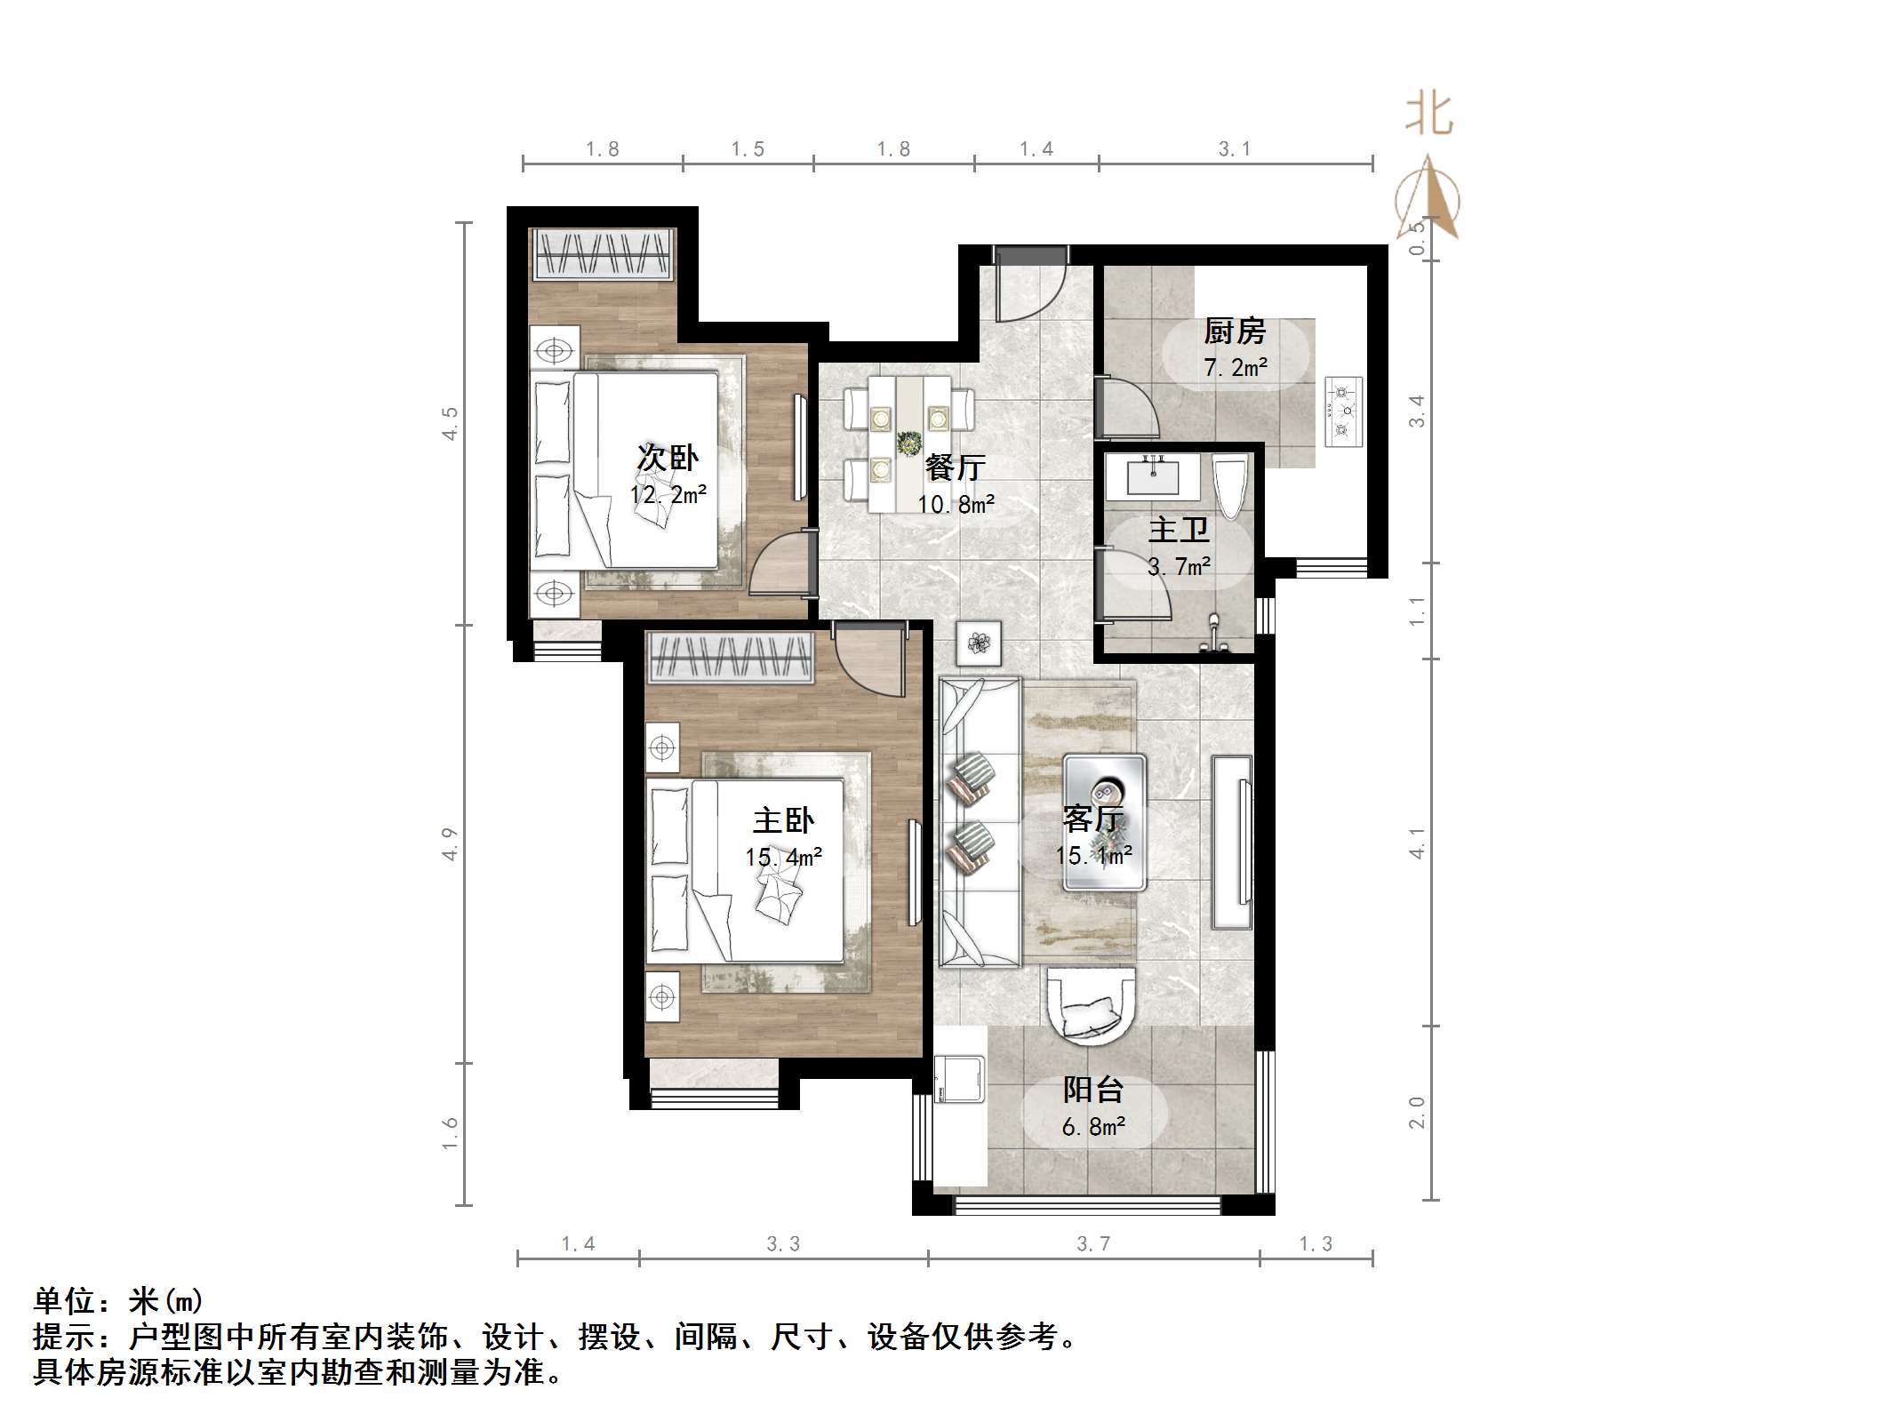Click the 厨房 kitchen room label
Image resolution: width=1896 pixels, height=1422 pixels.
(x=1235, y=332)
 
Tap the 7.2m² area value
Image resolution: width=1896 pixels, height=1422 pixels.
(x=1235, y=367)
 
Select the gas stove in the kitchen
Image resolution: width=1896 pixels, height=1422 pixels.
(x=1343, y=411)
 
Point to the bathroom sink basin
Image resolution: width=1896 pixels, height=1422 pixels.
(x=1154, y=476)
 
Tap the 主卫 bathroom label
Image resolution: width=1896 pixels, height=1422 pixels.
(x=1179, y=531)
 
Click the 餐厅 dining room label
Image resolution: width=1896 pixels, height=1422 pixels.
(x=956, y=467)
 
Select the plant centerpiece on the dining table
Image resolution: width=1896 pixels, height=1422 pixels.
(x=909, y=442)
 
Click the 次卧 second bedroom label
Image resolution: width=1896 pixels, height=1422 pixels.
(x=667, y=458)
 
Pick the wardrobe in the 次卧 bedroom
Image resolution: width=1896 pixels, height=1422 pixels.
(x=602, y=253)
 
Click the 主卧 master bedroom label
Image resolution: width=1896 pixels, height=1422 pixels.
(x=783, y=820)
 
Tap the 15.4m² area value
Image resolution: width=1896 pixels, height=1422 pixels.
(x=783, y=857)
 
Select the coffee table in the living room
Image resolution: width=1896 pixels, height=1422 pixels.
(x=1105, y=822)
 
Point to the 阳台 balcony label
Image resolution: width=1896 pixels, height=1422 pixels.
(x=1093, y=1090)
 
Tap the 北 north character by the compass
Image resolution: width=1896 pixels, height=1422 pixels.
(x=1428, y=115)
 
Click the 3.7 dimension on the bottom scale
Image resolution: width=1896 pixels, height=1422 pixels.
(x=1093, y=1244)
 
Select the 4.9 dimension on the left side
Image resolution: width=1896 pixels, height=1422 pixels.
(x=450, y=843)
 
